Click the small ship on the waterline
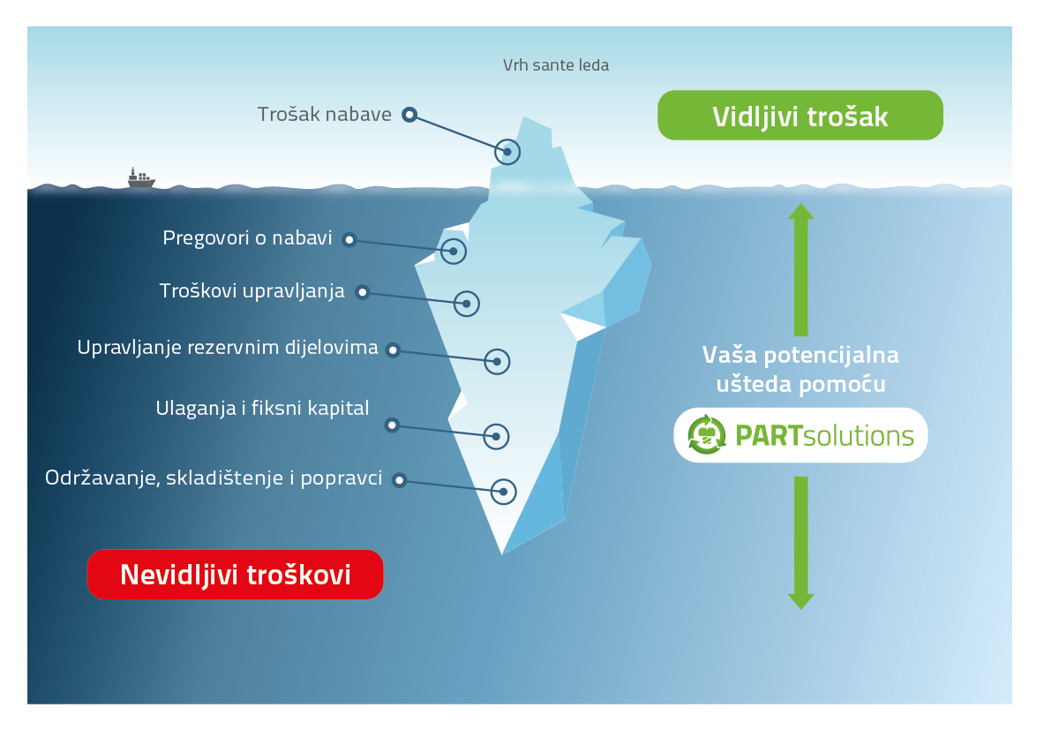point(141,178)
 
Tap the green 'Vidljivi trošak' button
point(800,116)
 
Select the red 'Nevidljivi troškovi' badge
point(235,575)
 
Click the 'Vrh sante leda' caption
point(555,65)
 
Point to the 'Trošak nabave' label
point(325,115)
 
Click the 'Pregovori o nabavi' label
point(247,238)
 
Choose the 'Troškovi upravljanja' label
point(252,291)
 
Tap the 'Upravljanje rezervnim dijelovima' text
point(228,348)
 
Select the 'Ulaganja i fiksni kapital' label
point(262,408)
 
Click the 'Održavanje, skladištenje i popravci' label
point(214,478)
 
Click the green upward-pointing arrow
point(801,269)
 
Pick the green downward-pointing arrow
point(801,543)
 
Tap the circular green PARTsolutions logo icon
point(706,434)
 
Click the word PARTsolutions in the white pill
point(824,436)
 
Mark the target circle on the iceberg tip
point(507,152)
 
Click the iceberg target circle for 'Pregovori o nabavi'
point(454,252)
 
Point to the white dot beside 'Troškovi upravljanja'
point(362,292)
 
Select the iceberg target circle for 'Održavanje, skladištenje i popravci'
point(504,492)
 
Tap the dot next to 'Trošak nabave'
point(409,115)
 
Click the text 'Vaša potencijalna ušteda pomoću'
point(800,370)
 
